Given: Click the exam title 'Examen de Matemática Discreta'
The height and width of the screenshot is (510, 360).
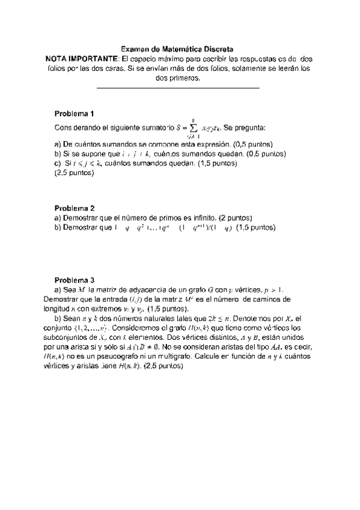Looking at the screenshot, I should (177, 49).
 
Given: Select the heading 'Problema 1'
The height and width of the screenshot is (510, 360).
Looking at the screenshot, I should (74, 114).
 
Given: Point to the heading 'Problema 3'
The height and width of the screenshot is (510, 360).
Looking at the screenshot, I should (74, 280).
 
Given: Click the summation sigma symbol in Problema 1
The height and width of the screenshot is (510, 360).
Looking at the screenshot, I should (192, 127).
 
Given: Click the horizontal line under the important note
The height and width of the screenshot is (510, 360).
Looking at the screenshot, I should (178, 88).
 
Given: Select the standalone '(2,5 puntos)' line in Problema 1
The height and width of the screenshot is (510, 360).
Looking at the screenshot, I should (74, 173).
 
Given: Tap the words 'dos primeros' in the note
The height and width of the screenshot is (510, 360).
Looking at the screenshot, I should (178, 78).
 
